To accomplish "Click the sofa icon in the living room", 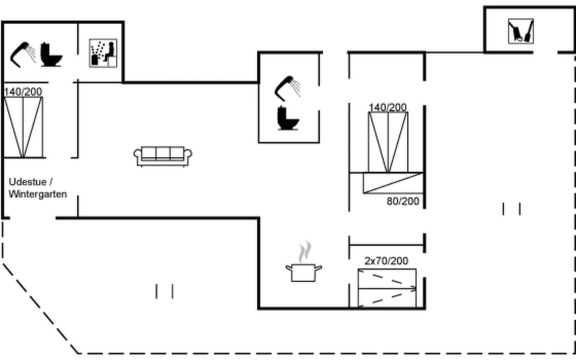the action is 163,156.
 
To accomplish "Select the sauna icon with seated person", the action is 103,53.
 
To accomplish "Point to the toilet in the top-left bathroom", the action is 51,54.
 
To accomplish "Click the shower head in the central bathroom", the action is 287,88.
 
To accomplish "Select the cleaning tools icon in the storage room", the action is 521,31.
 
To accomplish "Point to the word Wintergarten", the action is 38,194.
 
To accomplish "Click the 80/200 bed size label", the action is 403,201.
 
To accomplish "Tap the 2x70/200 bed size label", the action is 386,261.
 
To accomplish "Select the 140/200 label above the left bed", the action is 23,92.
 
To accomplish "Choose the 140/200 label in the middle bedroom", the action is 387,107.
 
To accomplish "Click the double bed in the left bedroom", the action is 23,127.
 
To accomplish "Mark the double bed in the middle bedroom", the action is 388,142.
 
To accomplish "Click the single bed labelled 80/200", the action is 393,183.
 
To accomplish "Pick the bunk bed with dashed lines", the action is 387,288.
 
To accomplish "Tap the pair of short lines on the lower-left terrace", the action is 164,291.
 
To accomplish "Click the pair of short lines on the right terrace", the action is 511,209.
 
